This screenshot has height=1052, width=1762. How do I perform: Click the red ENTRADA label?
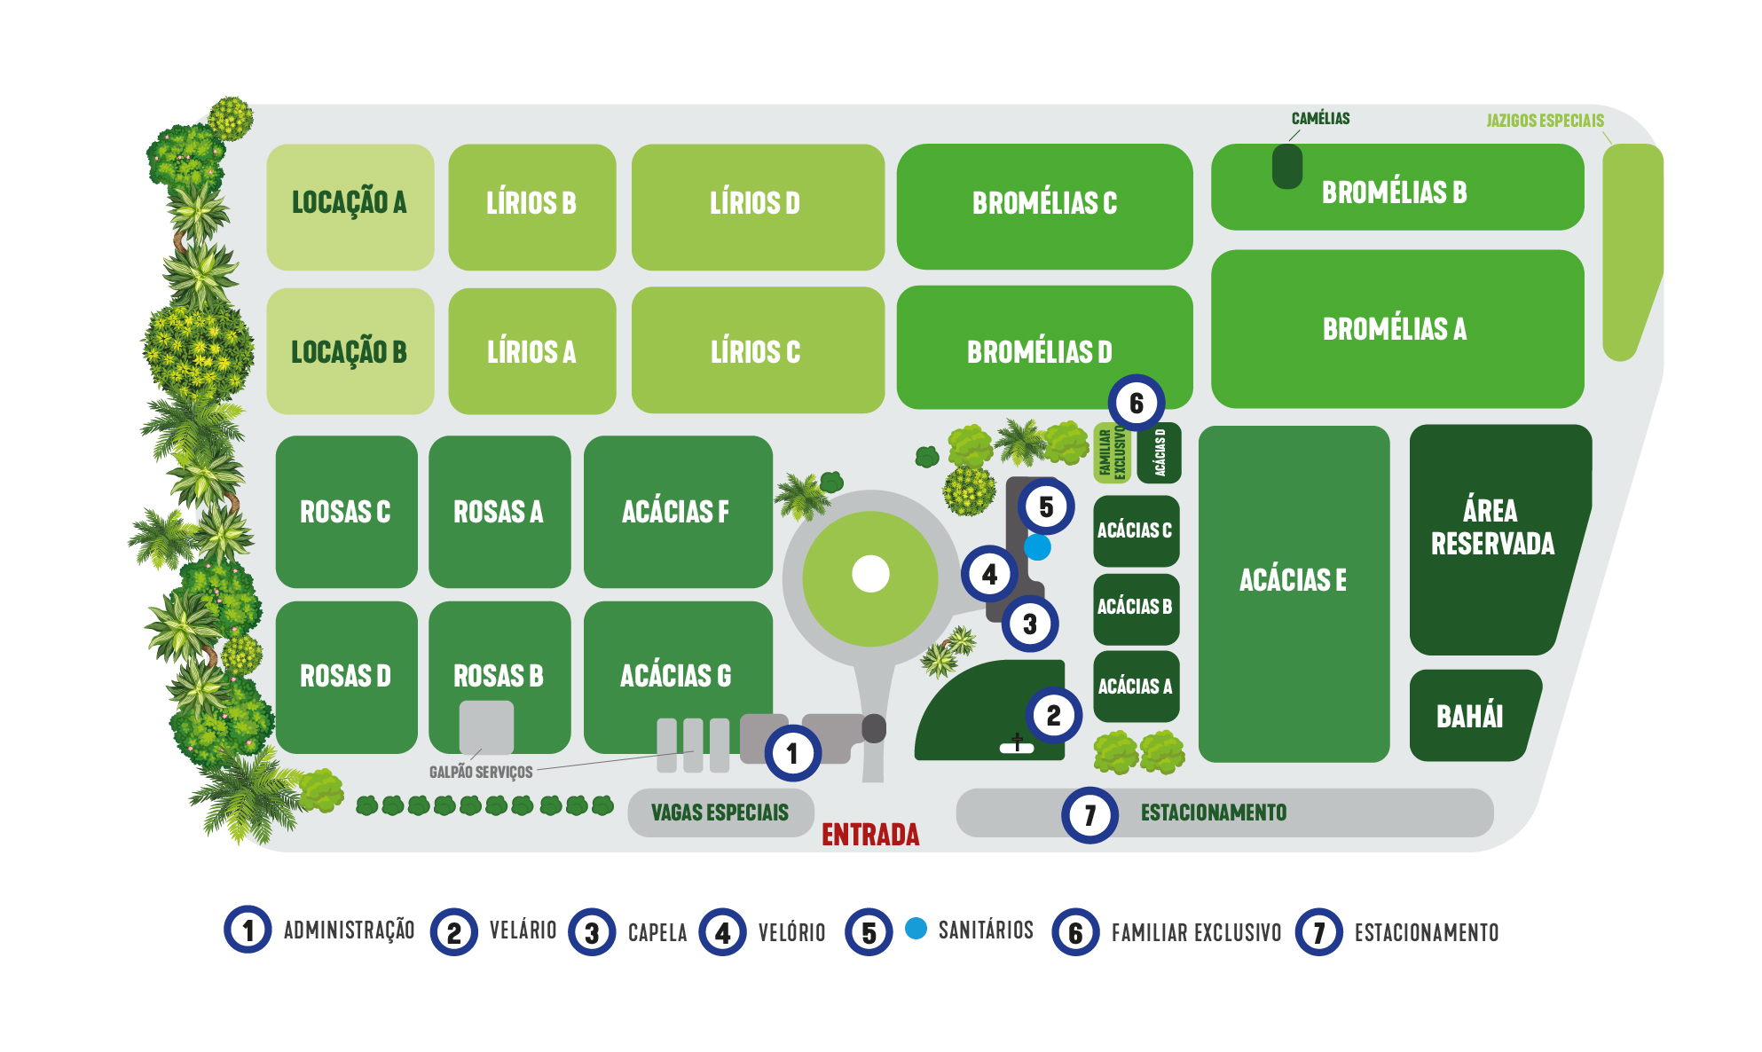[869, 835]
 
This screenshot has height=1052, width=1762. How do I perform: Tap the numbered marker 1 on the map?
[792, 753]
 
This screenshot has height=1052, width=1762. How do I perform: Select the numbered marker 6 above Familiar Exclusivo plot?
[1136, 404]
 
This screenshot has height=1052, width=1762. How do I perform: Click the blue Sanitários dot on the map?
[1037, 547]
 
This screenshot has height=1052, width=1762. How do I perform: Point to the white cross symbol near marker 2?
[1017, 744]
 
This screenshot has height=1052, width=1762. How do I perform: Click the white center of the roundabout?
[870, 574]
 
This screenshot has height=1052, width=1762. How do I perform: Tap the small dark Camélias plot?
[1286, 167]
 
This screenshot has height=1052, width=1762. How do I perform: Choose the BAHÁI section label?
[1469, 717]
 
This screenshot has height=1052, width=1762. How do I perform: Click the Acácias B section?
[1135, 608]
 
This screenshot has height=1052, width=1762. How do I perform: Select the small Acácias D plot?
[1159, 453]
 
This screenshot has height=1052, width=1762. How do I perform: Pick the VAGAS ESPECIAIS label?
[720, 813]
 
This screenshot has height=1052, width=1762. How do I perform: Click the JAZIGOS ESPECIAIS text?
[1545, 121]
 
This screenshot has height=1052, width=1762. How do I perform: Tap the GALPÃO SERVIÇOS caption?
[481, 772]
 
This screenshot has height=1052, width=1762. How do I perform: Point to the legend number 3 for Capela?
[592, 932]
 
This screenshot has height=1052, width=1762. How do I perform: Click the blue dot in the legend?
[916, 929]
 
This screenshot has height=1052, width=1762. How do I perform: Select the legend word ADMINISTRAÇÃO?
[349, 930]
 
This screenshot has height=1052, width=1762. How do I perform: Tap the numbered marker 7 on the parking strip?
[1089, 814]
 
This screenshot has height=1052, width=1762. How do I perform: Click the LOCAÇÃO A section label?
[349, 203]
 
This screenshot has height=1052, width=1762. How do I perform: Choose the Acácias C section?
[1135, 530]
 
